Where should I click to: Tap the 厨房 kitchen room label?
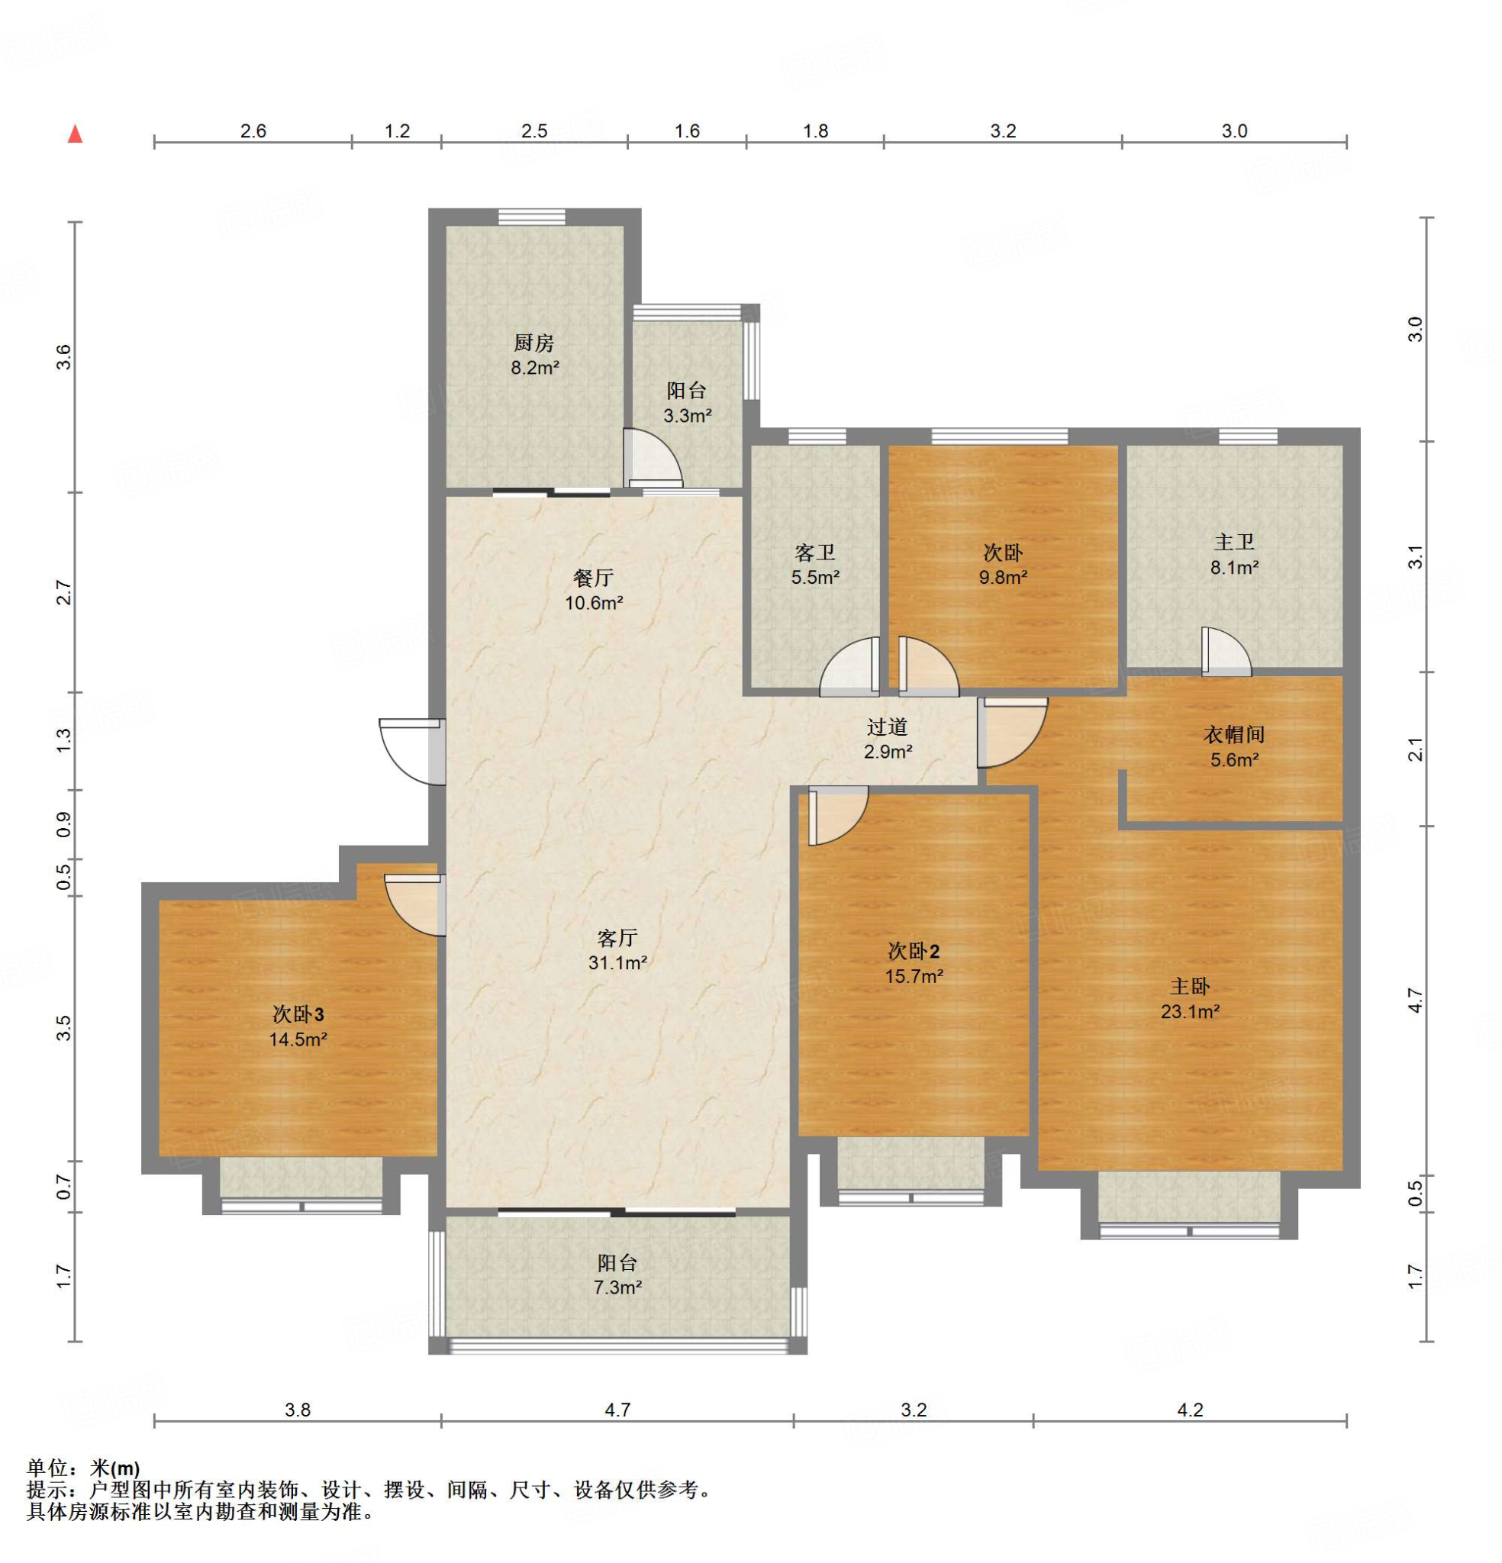coord(533,343)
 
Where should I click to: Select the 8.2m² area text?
coord(534,368)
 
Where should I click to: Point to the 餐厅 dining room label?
coord(594,578)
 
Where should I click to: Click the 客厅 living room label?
coord(617,938)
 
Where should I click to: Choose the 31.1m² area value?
coord(617,962)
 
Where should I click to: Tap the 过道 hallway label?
coord(888,727)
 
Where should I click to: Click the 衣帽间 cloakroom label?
coord(1234,734)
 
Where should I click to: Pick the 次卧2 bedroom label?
coord(914,951)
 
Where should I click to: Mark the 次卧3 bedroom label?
coord(298,1014)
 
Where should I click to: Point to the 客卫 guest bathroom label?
coord(814,552)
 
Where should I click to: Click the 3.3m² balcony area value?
coord(688,415)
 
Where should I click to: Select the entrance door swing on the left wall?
coord(412,751)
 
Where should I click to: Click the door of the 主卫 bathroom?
coord(1226,651)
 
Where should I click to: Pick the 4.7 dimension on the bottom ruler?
coord(617,1410)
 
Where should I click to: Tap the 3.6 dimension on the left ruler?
coord(64,356)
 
